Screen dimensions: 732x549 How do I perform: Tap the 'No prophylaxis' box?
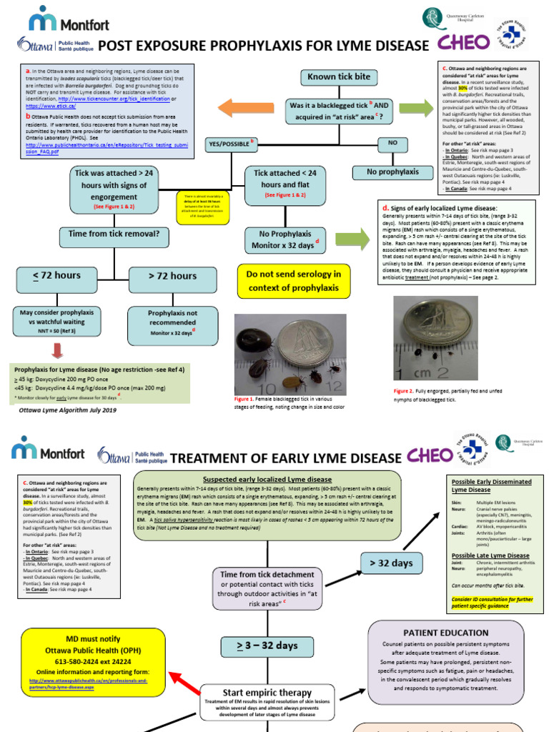coord(392,172)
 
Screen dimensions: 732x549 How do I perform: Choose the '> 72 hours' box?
coord(172,276)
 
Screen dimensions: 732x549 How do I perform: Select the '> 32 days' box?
coord(391,563)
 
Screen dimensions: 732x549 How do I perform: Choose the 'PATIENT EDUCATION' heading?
coord(436,633)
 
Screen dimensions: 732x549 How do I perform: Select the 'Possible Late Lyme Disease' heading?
coord(490,555)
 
